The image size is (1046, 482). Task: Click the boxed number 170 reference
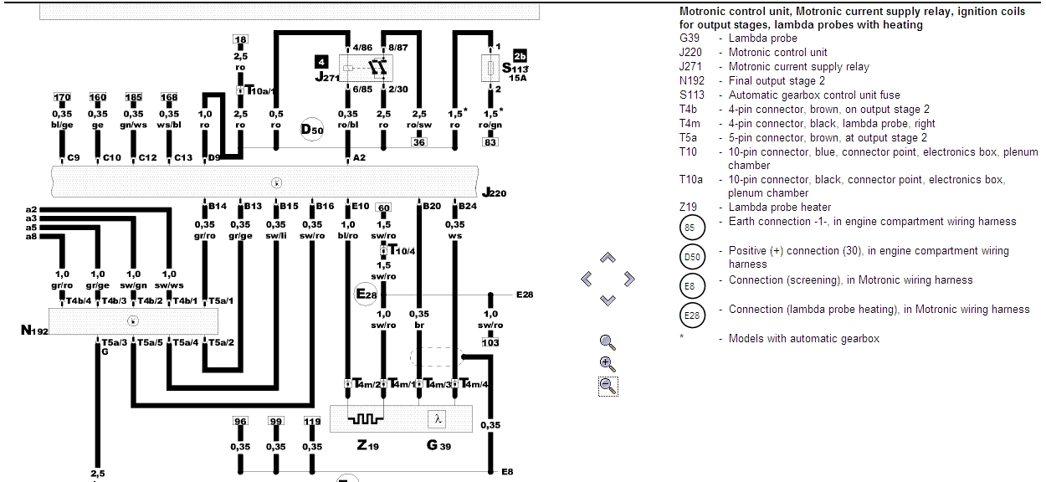62,98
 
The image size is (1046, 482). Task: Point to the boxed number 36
418,142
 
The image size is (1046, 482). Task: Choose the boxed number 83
490,142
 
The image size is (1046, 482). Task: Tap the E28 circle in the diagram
367,295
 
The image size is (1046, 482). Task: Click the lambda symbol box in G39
438,418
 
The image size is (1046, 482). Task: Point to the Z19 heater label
367,446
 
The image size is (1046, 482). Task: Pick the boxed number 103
490,343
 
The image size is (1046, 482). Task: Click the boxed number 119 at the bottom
312,422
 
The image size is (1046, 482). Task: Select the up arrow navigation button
608,259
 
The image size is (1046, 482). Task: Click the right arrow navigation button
629,279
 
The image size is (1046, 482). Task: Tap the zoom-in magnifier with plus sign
608,363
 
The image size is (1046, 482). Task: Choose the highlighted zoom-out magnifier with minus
608,385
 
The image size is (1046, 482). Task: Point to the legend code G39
690,38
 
